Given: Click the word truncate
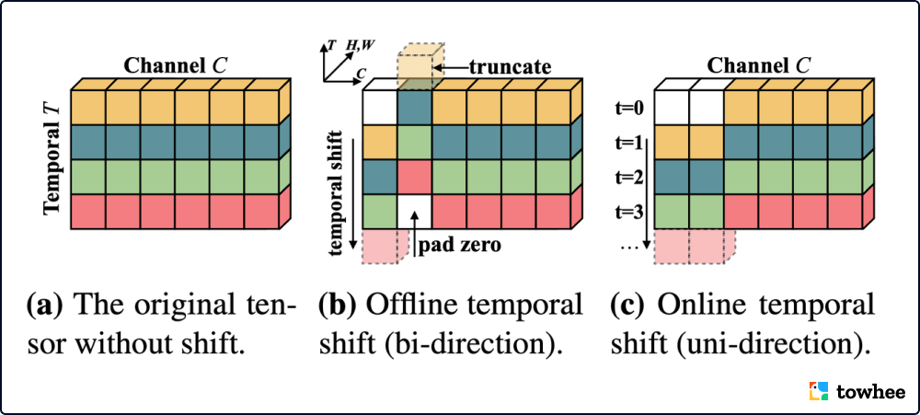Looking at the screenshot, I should [509, 66].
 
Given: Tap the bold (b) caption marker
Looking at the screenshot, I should [333, 304].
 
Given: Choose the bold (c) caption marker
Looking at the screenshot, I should [625, 304].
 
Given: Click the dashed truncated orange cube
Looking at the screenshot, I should [417, 63].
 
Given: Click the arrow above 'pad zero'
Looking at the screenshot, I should [415, 224].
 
